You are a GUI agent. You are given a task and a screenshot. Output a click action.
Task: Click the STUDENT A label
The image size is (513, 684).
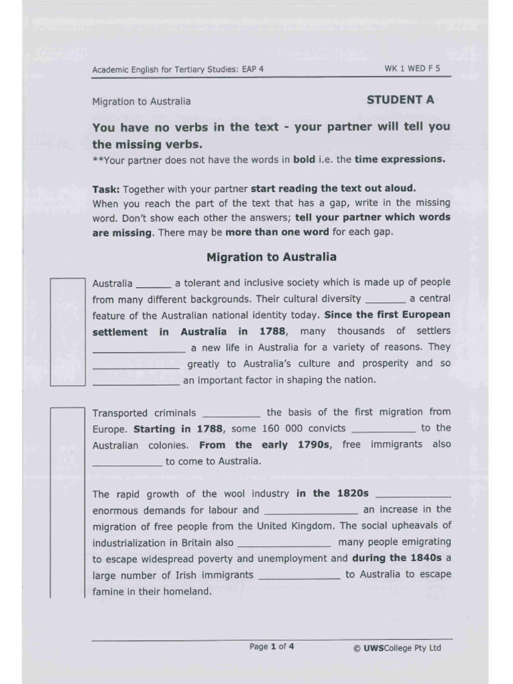coord(400,100)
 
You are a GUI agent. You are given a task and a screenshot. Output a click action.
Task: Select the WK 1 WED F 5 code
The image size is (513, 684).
coord(412,69)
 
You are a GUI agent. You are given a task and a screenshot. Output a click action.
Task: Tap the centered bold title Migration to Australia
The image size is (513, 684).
coord(271,257)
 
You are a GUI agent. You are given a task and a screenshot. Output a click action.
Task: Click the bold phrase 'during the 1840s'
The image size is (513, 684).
coord(397,558)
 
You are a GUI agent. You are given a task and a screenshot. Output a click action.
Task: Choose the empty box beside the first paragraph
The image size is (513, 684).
coord(67,331)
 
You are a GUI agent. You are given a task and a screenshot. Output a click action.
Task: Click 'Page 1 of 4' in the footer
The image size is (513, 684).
coord(271,647)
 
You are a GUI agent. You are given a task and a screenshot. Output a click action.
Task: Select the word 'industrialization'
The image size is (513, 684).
coord(129,542)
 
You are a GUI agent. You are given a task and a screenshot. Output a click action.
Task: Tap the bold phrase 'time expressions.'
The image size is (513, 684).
coord(399,159)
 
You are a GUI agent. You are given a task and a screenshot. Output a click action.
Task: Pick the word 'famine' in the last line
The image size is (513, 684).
coord(108,591)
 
